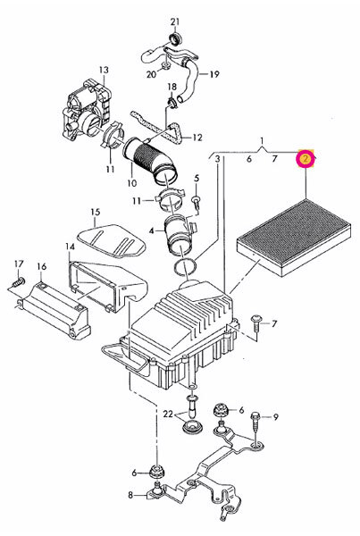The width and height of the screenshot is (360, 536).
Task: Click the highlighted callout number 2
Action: [x=306, y=159]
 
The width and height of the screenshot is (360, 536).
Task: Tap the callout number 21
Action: [x=175, y=21]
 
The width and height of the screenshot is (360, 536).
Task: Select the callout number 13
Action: [x=104, y=70]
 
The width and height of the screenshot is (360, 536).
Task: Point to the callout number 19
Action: [x=214, y=74]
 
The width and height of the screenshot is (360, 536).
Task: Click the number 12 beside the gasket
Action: [x=197, y=138]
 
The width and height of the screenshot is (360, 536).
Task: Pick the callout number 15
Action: [x=96, y=212]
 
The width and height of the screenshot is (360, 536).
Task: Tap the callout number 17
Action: [x=19, y=264]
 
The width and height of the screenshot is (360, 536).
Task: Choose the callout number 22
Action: [x=168, y=414]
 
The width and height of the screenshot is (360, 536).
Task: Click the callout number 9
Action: [x=275, y=417]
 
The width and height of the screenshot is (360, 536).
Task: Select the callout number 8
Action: [x=130, y=495]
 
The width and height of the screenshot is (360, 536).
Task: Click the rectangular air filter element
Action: [x=294, y=238]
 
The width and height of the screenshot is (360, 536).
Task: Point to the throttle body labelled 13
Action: [x=88, y=113]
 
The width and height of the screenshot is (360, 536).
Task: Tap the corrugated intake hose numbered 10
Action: [x=150, y=159]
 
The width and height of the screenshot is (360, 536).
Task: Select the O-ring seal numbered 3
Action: [x=186, y=267]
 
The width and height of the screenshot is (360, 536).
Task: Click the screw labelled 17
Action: [x=19, y=282]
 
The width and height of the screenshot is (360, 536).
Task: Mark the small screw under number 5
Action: [x=197, y=202]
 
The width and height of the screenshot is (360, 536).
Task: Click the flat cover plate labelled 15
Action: [x=112, y=240]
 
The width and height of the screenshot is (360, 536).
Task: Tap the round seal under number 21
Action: [x=175, y=38]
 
